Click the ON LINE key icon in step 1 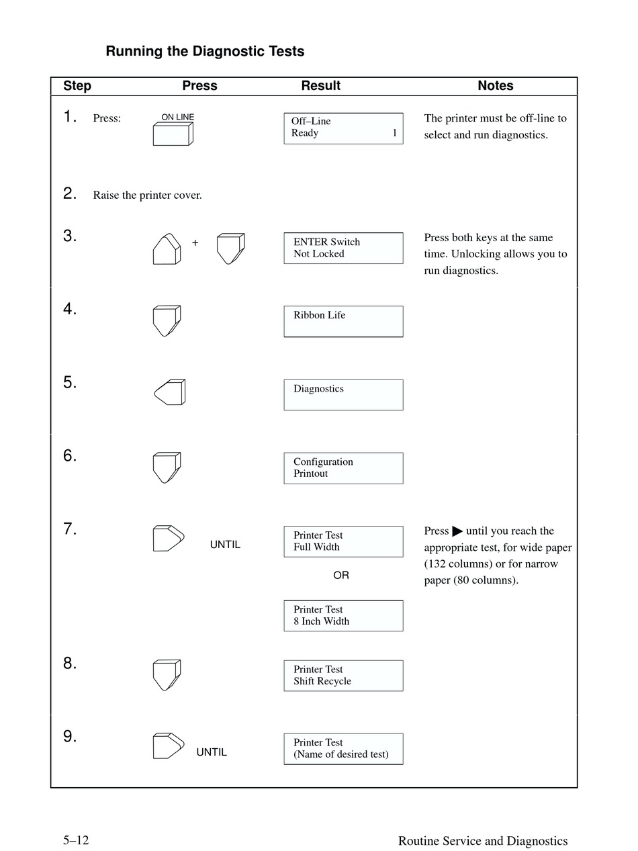(x=173, y=134)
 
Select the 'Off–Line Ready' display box (x=343, y=128)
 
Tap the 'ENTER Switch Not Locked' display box (x=343, y=248)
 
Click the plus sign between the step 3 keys (x=195, y=243)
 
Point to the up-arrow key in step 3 (x=167, y=249)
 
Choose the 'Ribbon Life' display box (x=343, y=321)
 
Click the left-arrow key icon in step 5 (x=170, y=392)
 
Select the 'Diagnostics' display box (x=343, y=395)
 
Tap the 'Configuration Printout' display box (x=343, y=468)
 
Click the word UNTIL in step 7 (x=225, y=545)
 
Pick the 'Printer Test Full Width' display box (x=343, y=541)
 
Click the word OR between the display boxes (x=341, y=576)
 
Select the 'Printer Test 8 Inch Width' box (x=343, y=616)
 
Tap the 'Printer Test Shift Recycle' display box (x=343, y=676)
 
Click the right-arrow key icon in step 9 (x=168, y=746)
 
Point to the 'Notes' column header (x=496, y=86)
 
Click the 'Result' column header (x=320, y=86)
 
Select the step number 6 (x=70, y=456)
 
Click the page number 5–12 (x=77, y=840)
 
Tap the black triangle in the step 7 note (x=458, y=531)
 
